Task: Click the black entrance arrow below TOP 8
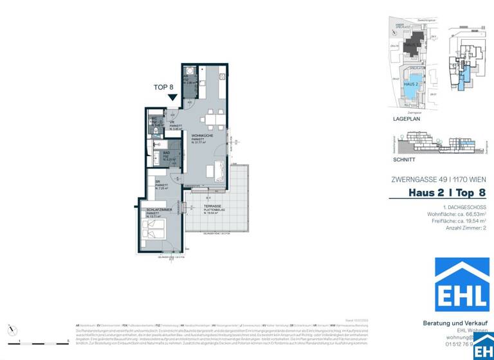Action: point(172,98)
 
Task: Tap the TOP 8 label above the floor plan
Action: point(163,87)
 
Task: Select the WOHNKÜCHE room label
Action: point(202,136)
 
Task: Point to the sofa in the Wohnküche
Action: point(215,172)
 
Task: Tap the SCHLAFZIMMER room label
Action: point(158,210)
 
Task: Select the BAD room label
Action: point(166,153)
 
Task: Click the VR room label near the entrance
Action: point(173,123)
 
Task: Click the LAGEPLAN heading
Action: point(407,120)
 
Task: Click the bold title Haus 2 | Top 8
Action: point(447,193)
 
